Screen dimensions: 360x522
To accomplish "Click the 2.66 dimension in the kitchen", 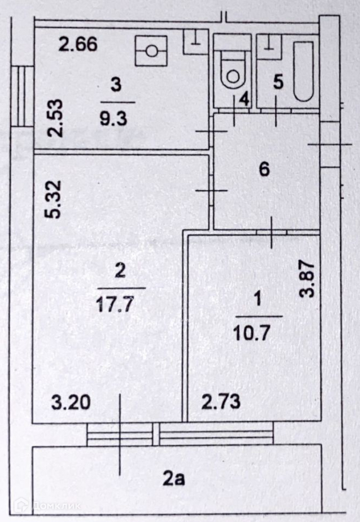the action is [x=78, y=44].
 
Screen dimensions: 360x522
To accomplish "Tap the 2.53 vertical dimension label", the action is [x=55, y=118].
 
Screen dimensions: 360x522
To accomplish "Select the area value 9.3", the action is [x=113, y=118].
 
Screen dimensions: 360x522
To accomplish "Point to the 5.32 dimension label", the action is [x=53, y=199].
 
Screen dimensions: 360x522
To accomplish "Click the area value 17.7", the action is [x=115, y=304].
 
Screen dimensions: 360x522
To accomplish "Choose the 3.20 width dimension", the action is [x=71, y=403].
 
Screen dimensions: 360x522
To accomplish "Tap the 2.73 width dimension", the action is [x=221, y=402].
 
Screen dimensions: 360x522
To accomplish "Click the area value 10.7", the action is [x=252, y=333].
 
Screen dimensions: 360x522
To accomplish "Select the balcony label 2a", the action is [x=174, y=479].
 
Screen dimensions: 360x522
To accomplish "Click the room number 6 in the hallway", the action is [x=264, y=169].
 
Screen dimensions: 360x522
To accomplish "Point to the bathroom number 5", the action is [x=278, y=82].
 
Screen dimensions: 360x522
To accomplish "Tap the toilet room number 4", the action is [x=245, y=99].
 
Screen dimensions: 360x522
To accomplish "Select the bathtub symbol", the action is [x=303, y=71].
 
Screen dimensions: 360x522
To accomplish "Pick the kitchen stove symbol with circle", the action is [x=151, y=51].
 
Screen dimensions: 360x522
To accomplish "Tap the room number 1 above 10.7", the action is [x=258, y=299].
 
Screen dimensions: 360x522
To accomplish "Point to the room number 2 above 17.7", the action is [x=120, y=270].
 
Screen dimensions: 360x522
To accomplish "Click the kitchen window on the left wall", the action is [x=23, y=96].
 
